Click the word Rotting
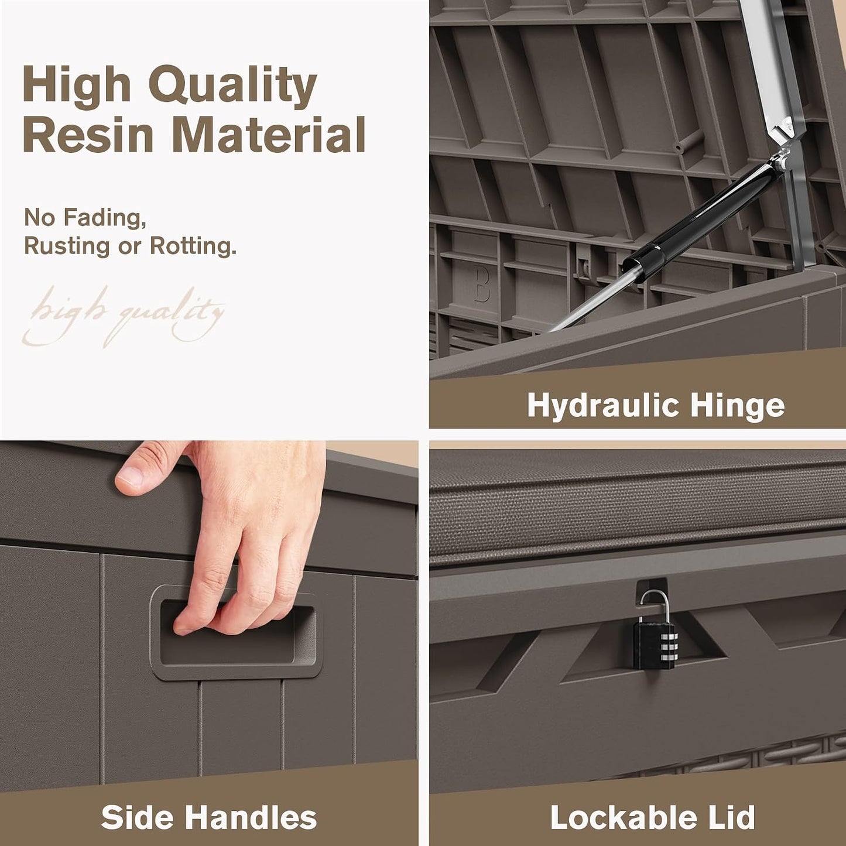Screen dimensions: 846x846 [193, 246]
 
